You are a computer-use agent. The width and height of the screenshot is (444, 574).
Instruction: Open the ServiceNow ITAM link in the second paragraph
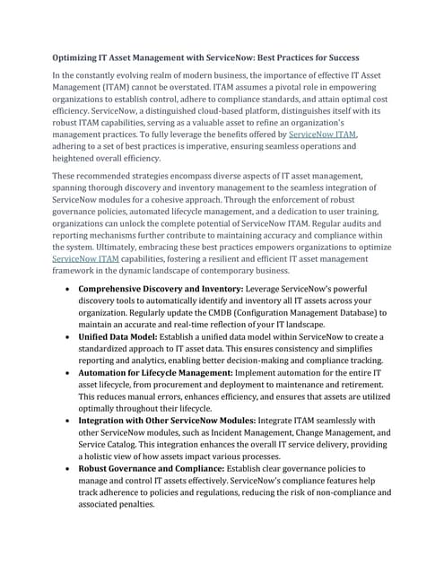pyautogui.click(x=86, y=258)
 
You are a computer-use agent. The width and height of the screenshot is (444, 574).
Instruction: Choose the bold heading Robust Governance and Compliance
pyautogui.click(x=161, y=468)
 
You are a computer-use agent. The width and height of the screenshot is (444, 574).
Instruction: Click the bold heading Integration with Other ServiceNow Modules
pyautogui.click(x=167, y=420)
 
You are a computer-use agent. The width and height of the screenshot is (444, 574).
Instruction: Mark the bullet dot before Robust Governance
pyautogui.click(x=69, y=469)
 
